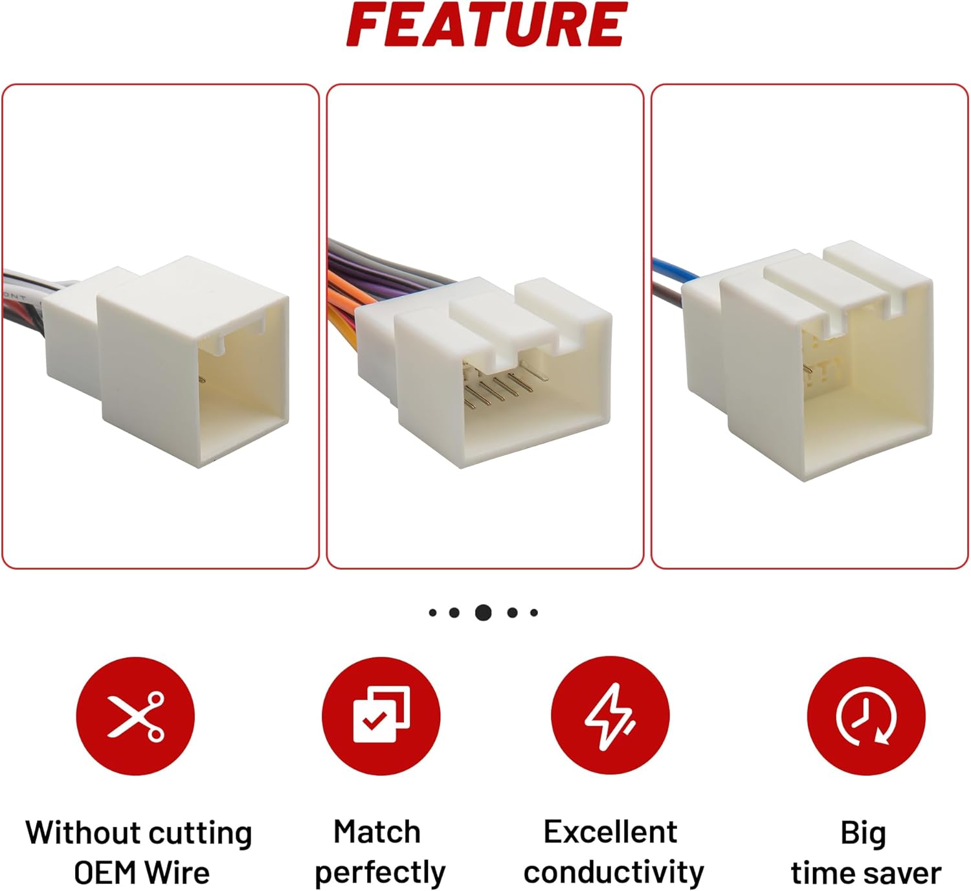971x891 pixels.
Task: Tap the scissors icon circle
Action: pyautogui.click(x=135, y=716)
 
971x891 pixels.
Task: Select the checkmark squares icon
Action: pyautogui.click(x=381, y=716)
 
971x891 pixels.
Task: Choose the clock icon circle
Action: pyautogui.click(x=866, y=716)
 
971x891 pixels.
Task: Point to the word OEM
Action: pyautogui.click(x=106, y=873)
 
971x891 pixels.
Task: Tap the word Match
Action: pyautogui.click(x=377, y=832)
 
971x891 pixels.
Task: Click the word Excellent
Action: pyautogui.click(x=610, y=832)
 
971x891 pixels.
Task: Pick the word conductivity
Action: pyautogui.click(x=614, y=873)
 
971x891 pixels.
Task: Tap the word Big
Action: pyautogui.click(x=864, y=835)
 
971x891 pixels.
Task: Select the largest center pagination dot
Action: pyautogui.click(x=483, y=613)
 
